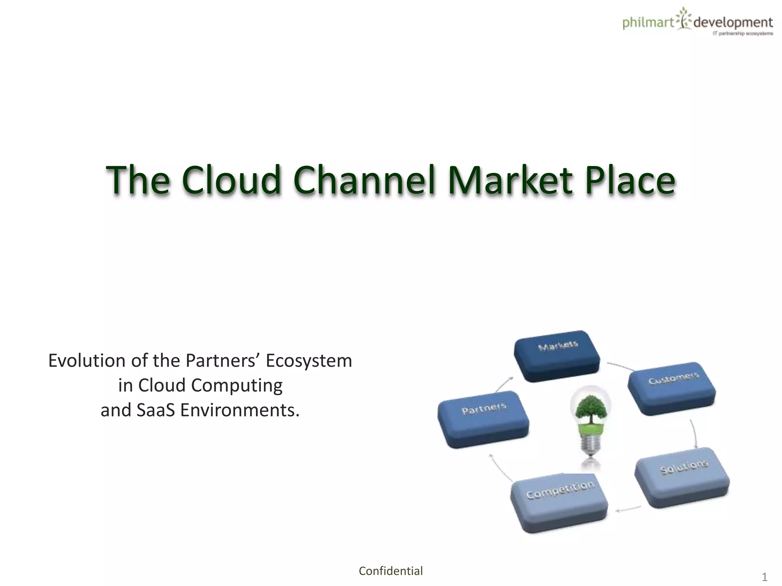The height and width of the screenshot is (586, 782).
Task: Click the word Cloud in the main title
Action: [x=231, y=180]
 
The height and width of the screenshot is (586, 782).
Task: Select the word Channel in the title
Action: [x=365, y=180]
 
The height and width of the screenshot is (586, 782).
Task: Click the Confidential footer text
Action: [x=391, y=571]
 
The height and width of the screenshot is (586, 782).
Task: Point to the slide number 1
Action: [x=764, y=577]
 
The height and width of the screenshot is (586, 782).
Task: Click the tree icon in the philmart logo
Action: [x=683, y=18]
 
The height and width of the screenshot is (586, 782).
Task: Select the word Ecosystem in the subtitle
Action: [x=309, y=361]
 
